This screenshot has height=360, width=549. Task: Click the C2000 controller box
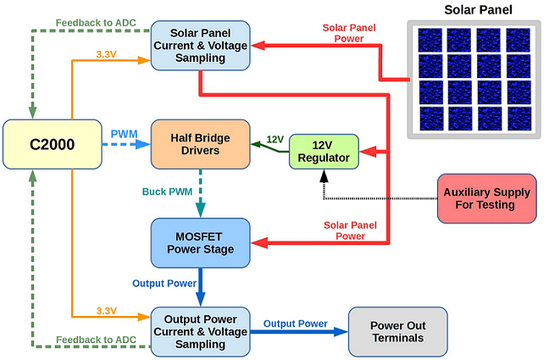click(x=52, y=144)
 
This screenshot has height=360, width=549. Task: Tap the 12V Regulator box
click(x=323, y=152)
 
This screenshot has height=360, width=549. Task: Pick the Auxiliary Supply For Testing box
click(x=486, y=198)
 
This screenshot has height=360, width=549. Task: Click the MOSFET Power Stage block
click(x=200, y=241)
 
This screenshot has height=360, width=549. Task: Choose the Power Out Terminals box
click(x=397, y=331)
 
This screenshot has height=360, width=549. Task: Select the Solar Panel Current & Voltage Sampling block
click(x=200, y=45)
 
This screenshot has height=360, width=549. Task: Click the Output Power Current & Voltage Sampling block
click(x=200, y=331)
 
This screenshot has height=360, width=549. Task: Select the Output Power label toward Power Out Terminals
click(x=295, y=324)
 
